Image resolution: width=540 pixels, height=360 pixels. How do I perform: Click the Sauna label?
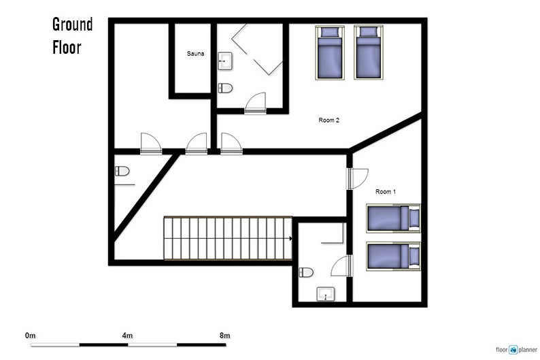(x=195, y=53)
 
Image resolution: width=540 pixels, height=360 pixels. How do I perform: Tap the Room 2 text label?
(x=329, y=120)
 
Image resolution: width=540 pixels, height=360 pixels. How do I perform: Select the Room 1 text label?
(x=386, y=191)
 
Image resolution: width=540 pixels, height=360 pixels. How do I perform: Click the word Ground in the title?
(x=73, y=24)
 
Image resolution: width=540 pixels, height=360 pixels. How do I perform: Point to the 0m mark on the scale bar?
(x=31, y=336)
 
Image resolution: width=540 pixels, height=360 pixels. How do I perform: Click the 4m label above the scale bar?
(x=127, y=336)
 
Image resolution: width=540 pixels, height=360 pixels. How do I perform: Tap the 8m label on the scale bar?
(x=225, y=336)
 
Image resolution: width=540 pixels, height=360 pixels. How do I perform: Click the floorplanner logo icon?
(x=513, y=350)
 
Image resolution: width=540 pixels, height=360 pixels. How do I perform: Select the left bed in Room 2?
(x=330, y=52)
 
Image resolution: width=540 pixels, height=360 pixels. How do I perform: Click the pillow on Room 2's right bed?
(x=369, y=32)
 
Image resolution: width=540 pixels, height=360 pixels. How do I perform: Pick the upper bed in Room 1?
(x=393, y=218)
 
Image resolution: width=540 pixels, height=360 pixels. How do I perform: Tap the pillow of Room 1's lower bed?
(x=414, y=257)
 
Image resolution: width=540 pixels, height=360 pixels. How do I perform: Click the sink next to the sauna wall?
(x=225, y=61)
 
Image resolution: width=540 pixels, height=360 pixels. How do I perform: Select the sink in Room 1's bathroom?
(x=326, y=294)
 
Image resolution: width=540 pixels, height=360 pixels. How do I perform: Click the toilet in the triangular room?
(x=122, y=171)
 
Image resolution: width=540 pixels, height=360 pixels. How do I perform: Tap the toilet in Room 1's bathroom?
(x=306, y=272)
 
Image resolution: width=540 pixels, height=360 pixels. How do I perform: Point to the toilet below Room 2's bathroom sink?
(x=225, y=88)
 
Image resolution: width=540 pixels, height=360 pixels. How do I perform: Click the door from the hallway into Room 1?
(x=357, y=179)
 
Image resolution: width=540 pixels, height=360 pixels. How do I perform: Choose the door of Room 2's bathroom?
(x=255, y=103)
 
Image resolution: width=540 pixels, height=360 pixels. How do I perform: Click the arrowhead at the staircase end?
(x=291, y=238)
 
